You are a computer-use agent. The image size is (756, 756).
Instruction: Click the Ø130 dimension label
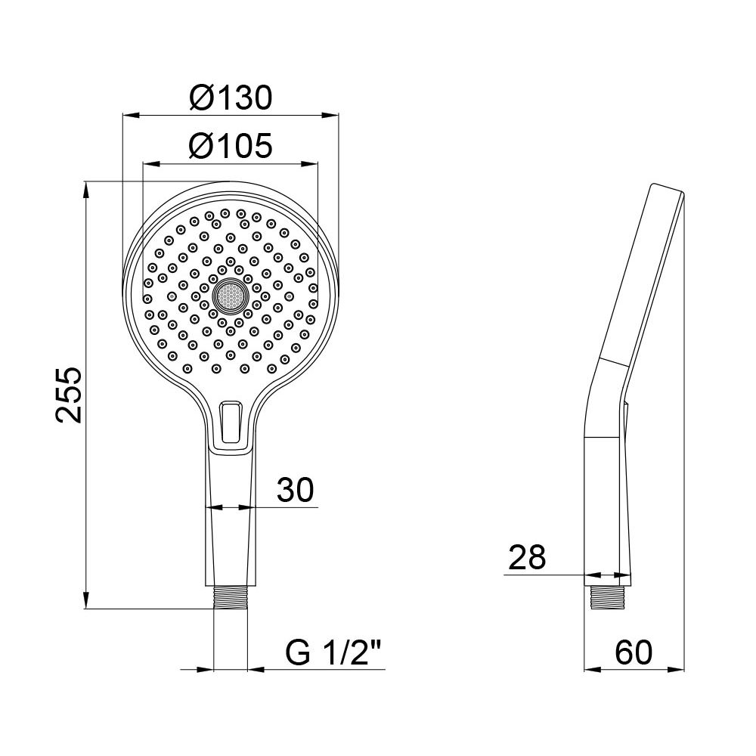click(231, 98)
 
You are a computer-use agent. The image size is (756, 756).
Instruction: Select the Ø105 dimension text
click(231, 145)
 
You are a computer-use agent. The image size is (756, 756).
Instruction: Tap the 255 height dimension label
click(70, 395)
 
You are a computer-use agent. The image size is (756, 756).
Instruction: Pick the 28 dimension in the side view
click(527, 558)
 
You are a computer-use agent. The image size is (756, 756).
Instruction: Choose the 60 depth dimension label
click(633, 652)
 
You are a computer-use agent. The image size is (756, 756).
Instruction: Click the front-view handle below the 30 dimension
click(231, 544)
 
